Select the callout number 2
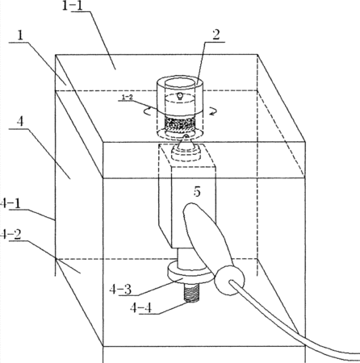tap(216, 35)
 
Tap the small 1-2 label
tap(127, 97)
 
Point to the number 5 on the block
tap(197, 191)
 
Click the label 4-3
tap(120, 290)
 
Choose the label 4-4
tap(140, 307)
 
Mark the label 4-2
tap(10, 235)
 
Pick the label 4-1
tap(10, 203)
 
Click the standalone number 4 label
tap(20, 122)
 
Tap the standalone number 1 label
tap(20, 36)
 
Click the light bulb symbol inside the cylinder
tap(180, 95)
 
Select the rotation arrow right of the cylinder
tap(212, 111)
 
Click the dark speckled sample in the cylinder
tap(180, 123)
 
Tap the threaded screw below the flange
tap(191, 293)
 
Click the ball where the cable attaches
tap(229, 281)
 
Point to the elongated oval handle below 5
tap(206, 238)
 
